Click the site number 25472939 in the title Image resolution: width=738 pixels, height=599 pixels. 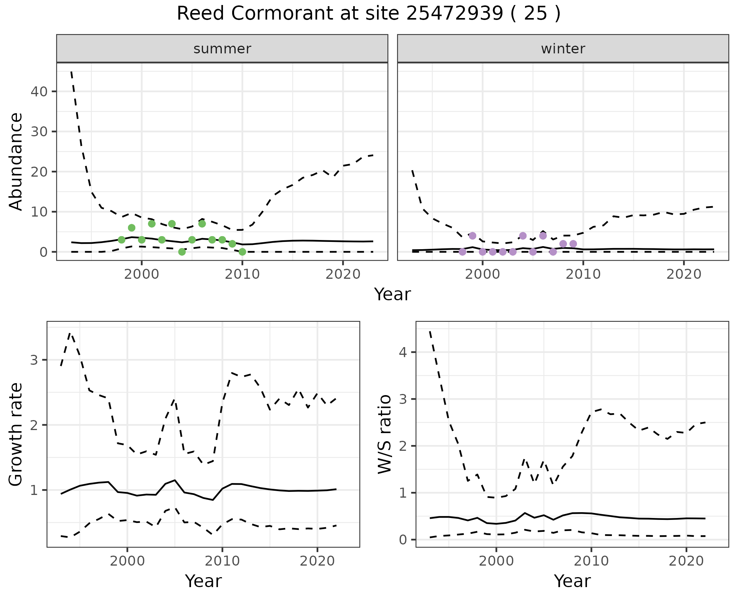[454, 14]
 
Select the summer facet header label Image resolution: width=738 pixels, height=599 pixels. [222, 49]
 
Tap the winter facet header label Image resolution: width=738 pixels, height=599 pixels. [563, 49]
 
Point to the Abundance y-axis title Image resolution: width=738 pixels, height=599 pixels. [16, 161]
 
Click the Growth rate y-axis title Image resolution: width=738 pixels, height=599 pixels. [16, 435]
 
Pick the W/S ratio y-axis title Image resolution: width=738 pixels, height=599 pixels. [385, 435]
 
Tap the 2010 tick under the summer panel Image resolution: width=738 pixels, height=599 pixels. [242, 274]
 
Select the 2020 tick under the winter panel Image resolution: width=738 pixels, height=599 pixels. [684, 274]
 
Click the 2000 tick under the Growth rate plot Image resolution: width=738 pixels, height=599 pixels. [127, 561]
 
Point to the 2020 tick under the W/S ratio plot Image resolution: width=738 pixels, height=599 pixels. [686, 561]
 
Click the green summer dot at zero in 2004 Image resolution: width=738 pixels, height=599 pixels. [182, 252]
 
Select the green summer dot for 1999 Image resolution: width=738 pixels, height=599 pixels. [131, 228]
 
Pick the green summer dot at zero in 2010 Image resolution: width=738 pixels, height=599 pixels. [242, 252]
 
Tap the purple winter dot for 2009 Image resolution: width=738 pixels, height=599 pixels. [573, 244]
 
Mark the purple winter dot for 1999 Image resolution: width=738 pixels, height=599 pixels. [472, 236]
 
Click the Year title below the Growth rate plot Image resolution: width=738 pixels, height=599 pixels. [203, 581]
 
